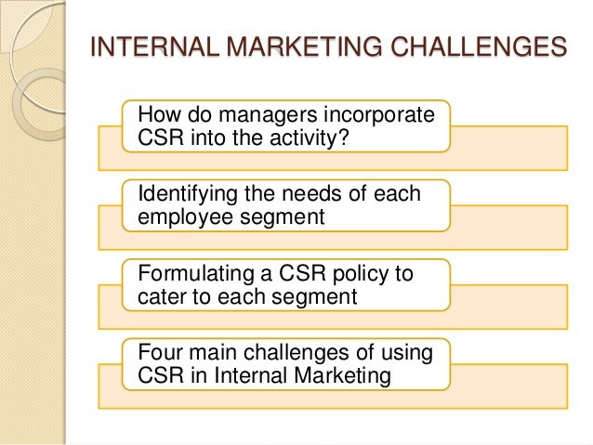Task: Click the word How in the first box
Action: (x=158, y=116)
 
